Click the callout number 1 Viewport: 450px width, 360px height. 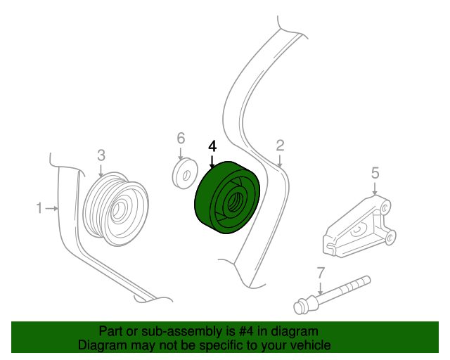(39, 208)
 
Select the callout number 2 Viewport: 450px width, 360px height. (280, 146)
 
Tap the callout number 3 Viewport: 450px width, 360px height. (101, 155)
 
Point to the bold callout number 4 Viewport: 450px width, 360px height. (212, 146)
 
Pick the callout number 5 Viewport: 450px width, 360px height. (375, 173)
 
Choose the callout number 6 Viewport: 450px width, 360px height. (181, 138)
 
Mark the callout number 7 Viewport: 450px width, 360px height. (321, 273)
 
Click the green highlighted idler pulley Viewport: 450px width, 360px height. (226, 198)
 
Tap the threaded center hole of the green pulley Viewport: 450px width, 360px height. (234, 202)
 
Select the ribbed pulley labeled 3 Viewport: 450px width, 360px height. (116, 209)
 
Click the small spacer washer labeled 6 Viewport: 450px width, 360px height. (185, 174)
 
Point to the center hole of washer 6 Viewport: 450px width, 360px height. (187, 175)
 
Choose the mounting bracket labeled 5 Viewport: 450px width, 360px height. (360, 226)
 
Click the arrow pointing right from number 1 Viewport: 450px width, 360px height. (52, 208)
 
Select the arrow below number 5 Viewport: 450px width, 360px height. (375, 188)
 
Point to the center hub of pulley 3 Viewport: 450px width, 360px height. (117, 210)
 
